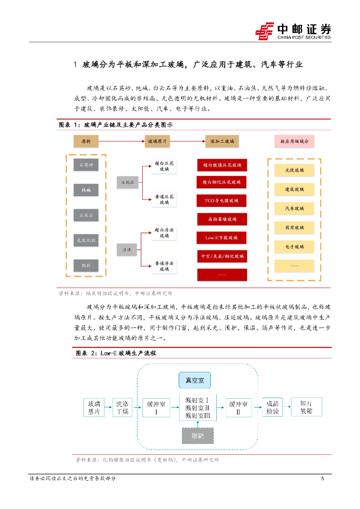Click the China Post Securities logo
(293, 31)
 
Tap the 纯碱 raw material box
(86, 189)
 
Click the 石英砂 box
(86, 165)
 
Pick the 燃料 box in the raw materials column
(86, 265)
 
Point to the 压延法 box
(125, 182)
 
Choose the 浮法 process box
(125, 249)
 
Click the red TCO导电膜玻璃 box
(222, 201)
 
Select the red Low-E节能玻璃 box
(222, 238)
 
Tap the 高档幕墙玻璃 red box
(222, 219)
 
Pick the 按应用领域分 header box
(294, 142)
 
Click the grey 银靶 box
(197, 436)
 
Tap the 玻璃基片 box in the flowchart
(94, 408)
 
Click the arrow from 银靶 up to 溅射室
(197, 424)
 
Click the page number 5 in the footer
(323, 479)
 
